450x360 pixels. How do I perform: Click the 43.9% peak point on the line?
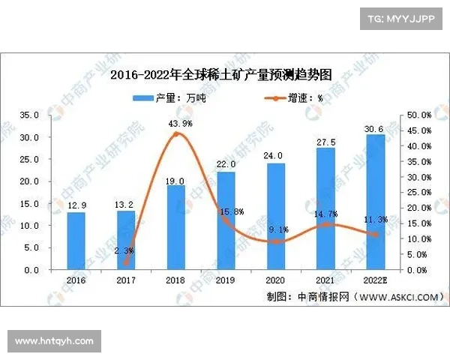click(x=176, y=134)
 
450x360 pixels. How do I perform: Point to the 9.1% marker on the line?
click(x=275, y=241)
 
